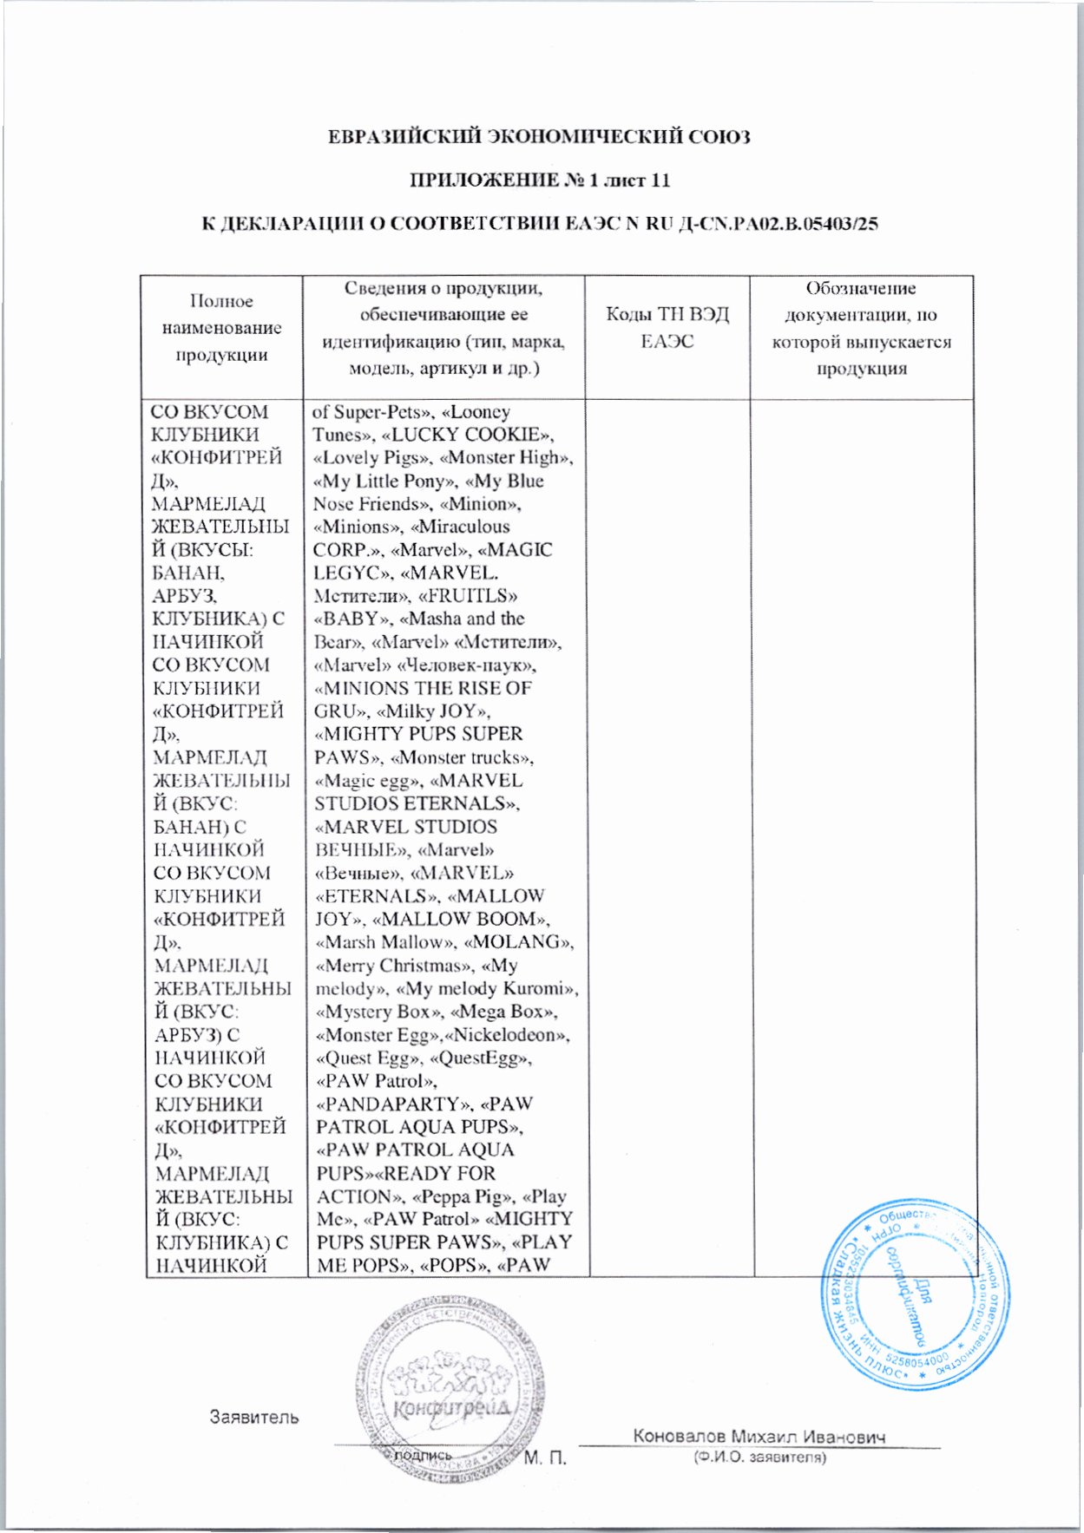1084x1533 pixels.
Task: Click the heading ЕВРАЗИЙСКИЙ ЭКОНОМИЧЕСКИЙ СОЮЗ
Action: point(539,137)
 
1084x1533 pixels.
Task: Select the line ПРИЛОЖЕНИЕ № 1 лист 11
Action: point(539,180)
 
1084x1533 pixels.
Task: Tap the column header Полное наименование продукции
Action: point(221,328)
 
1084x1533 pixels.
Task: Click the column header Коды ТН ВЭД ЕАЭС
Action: point(667,327)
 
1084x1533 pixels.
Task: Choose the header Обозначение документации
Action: point(861,328)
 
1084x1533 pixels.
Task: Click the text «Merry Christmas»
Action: point(391,966)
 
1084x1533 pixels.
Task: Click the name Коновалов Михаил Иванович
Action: point(759,1437)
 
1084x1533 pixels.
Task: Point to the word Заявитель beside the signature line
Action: point(254,1418)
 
